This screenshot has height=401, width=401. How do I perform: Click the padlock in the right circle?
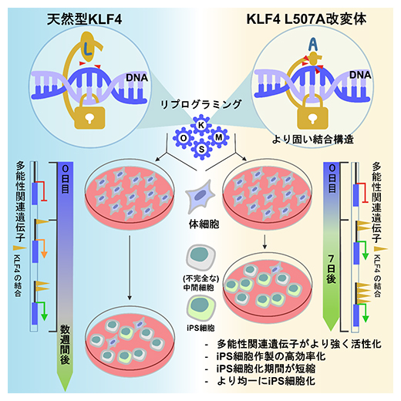click(x=313, y=116)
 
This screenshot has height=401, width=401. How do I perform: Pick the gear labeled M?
click(x=218, y=135)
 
